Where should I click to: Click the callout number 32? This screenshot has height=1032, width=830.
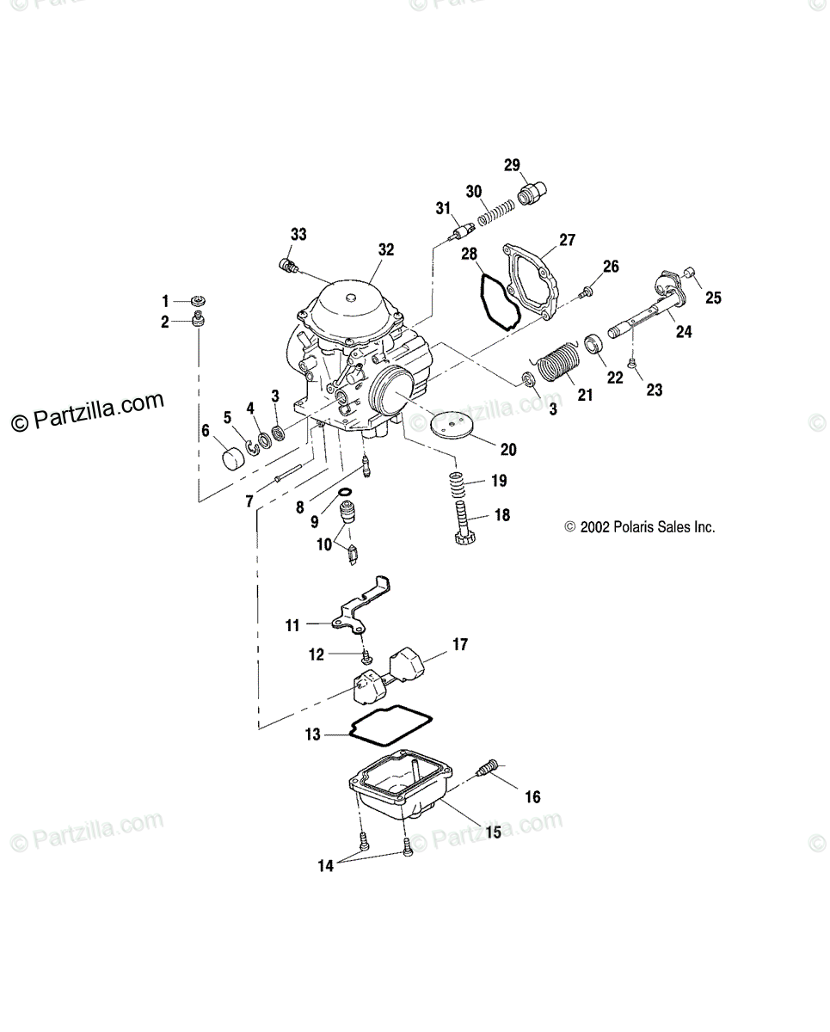coord(385,249)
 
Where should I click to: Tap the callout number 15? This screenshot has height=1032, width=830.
coord(493,832)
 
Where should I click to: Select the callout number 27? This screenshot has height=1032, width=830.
coord(567,240)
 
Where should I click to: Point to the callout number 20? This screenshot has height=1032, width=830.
coord(508,448)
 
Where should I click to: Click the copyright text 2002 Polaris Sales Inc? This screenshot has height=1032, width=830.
coord(640,527)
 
